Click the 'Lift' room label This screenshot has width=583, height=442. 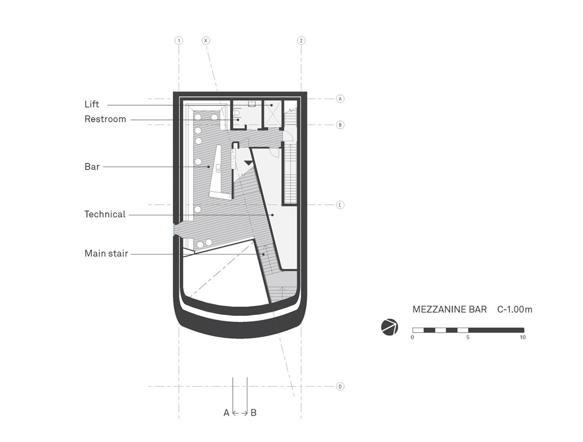(92, 104)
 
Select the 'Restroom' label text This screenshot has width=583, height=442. (105, 119)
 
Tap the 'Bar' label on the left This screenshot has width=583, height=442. (92, 167)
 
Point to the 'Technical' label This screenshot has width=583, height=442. (104, 214)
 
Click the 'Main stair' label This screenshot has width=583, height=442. (106, 253)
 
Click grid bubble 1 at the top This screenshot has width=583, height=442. (179, 41)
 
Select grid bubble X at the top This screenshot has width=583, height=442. (206, 41)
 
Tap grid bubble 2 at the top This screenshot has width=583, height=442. (301, 41)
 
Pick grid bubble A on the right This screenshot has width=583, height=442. (340, 99)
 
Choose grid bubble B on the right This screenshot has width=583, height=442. (340, 125)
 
